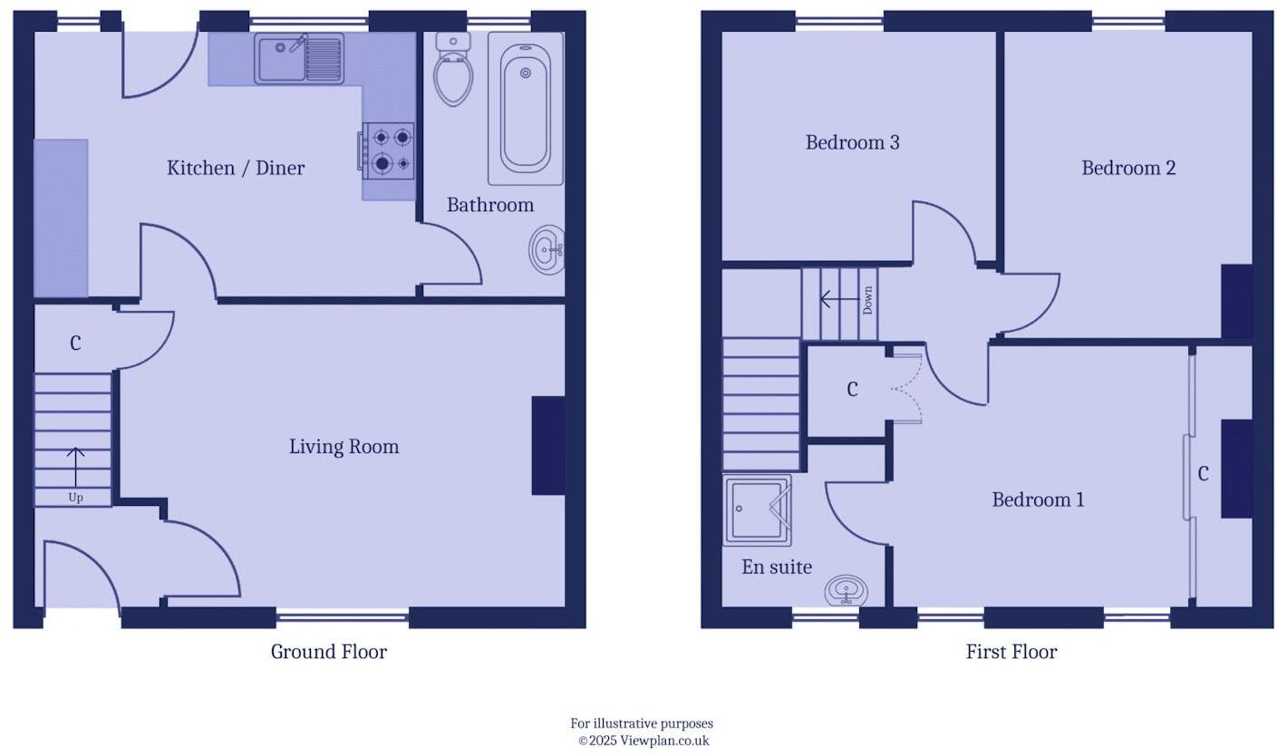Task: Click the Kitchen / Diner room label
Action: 236,168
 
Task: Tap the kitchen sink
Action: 298,58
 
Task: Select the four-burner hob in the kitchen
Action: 389,150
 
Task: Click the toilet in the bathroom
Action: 453,73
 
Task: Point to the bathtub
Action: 526,109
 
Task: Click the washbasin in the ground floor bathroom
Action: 547,249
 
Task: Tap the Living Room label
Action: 344,447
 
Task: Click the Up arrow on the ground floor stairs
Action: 75,468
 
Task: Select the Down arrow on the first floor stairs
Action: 840,299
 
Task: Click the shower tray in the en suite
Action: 757,510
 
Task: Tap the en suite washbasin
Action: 847,590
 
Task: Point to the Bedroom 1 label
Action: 1038,499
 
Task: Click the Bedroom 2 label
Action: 1128,168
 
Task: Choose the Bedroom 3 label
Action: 852,142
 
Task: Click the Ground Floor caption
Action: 328,652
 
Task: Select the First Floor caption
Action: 1011,652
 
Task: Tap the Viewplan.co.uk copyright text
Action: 643,741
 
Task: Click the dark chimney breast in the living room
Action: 548,446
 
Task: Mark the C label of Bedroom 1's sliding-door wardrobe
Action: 1203,474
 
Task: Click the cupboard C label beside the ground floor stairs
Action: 75,344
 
